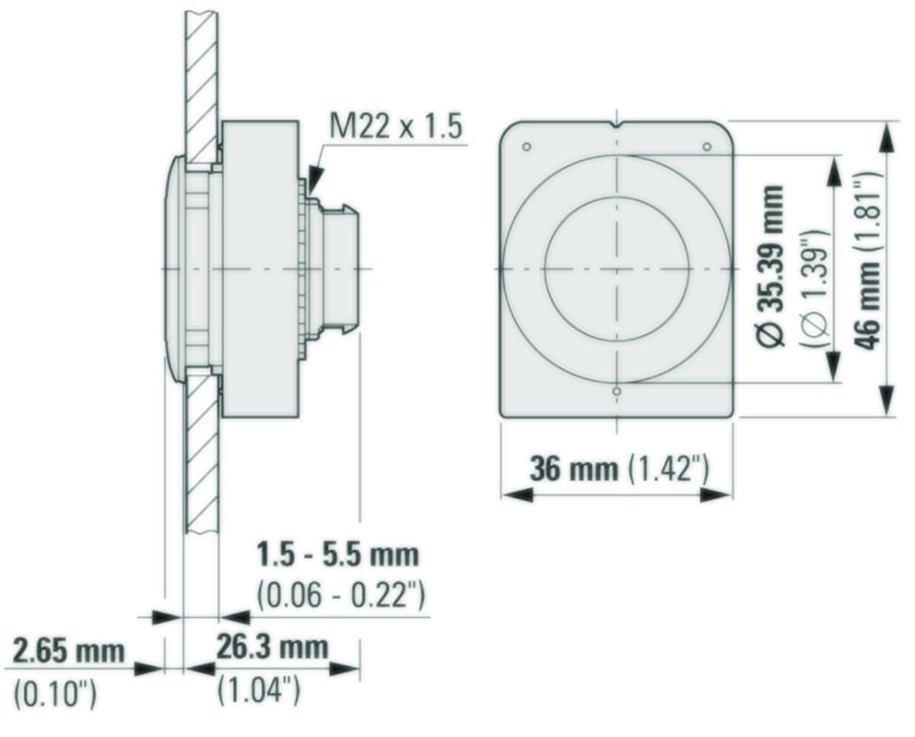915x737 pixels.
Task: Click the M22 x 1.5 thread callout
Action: point(396,127)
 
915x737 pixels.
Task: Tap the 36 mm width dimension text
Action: point(573,469)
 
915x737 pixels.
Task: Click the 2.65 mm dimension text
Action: point(69,651)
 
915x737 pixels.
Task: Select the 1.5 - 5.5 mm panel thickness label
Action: point(338,555)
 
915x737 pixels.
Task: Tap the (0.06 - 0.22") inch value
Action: point(341,595)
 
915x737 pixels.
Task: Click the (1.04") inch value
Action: point(259,691)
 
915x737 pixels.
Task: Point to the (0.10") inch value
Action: point(55,694)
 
